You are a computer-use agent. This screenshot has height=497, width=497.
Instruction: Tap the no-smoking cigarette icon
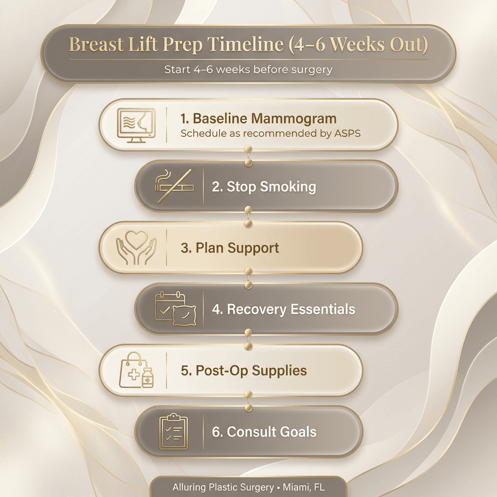pyautogui.click(x=173, y=186)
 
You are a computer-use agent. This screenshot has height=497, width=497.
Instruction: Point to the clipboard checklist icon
pyautogui.click(x=173, y=431)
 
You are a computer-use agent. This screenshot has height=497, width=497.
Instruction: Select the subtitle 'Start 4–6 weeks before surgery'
pyautogui.click(x=248, y=69)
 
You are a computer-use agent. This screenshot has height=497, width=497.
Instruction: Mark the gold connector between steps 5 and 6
pyautogui.click(x=248, y=401)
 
